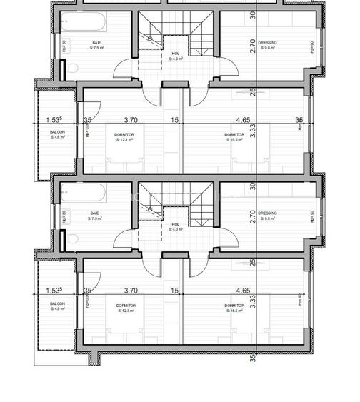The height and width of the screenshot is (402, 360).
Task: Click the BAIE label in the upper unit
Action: point(96,43)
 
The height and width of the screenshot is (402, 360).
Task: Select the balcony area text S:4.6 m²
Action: point(57,137)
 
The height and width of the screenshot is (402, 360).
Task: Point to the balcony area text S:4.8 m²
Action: point(57,309)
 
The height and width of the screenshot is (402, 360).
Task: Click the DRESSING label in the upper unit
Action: point(268,43)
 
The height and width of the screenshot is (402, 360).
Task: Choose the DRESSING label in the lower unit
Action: point(268,213)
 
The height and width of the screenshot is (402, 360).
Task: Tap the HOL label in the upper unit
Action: point(175,54)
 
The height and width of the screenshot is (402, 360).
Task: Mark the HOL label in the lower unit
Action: point(175,224)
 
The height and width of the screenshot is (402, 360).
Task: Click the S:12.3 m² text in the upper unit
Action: point(126,140)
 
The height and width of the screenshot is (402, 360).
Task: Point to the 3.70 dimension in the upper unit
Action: point(130,121)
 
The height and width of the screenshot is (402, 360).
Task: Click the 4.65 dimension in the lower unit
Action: point(243,291)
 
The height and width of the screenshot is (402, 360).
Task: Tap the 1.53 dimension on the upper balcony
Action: point(54,121)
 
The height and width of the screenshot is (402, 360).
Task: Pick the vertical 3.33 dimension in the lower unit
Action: point(253,301)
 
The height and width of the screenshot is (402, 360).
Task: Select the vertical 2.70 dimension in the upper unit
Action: point(253,47)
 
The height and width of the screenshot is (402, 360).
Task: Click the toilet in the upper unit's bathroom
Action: point(72,69)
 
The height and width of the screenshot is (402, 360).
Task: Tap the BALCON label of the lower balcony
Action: point(57,303)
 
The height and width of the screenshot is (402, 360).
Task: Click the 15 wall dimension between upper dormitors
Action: point(174,121)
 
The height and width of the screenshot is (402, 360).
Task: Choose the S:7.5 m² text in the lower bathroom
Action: point(96,218)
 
